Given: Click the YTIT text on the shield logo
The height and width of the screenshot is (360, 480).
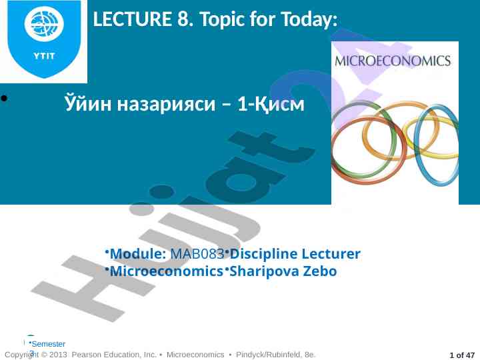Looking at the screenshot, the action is coord(44,56).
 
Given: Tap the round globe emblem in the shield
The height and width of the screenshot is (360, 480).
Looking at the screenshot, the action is coord(44,23).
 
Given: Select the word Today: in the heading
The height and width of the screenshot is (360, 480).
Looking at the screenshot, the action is coord(309,19).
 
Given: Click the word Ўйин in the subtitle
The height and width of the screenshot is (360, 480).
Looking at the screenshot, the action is coord(88,103).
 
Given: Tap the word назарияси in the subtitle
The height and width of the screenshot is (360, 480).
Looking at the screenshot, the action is coord(167,104).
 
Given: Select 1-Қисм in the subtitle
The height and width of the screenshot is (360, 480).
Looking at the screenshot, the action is coord(271,104).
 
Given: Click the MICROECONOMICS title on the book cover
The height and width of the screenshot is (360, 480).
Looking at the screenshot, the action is coord(393,61).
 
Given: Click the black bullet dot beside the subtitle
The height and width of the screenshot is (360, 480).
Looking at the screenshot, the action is coord(4,98).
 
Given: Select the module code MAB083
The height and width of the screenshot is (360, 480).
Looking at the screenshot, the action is coord(197,254).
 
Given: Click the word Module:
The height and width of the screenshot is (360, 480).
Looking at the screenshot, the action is coord(138,254).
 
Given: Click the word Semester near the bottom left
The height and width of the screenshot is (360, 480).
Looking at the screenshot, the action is coord(49,344).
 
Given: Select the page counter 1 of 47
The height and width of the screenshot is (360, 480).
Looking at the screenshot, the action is coord(462,355).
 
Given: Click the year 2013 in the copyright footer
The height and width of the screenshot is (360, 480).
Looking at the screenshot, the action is coord(58,355).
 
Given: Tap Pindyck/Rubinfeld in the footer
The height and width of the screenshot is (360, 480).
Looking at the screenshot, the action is coord(268,355).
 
